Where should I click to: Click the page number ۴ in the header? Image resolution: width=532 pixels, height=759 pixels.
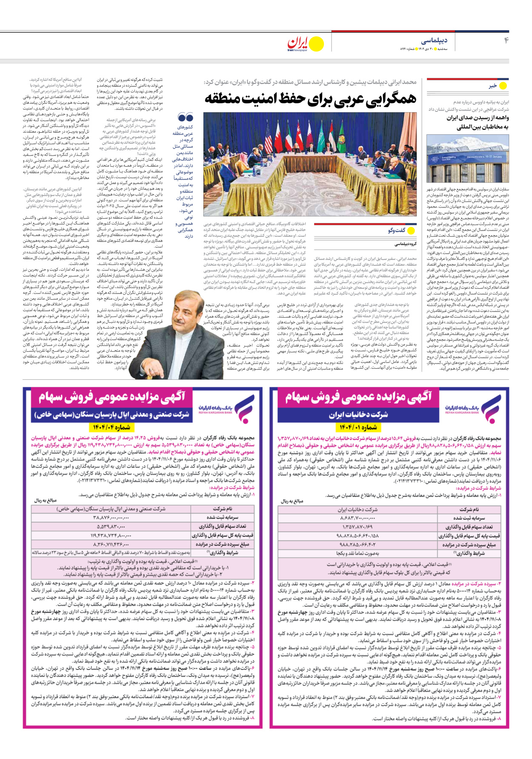506,40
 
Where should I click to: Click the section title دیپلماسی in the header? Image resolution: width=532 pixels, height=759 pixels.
434,41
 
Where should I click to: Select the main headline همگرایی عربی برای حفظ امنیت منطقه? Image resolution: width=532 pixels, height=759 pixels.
310,98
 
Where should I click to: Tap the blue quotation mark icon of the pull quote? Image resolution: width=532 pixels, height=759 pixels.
186,117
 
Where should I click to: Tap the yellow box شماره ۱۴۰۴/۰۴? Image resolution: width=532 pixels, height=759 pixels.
112,427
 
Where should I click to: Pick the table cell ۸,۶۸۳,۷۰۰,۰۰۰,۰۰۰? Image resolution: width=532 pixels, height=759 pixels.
358,518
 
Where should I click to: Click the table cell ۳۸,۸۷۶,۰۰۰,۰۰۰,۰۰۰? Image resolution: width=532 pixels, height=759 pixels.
112,517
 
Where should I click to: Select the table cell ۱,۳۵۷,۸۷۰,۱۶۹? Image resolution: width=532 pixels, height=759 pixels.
358,527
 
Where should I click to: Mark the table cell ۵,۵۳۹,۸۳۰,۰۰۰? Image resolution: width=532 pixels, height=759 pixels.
112,526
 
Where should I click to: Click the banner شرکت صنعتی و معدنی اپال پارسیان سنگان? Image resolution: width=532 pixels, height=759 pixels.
112,415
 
